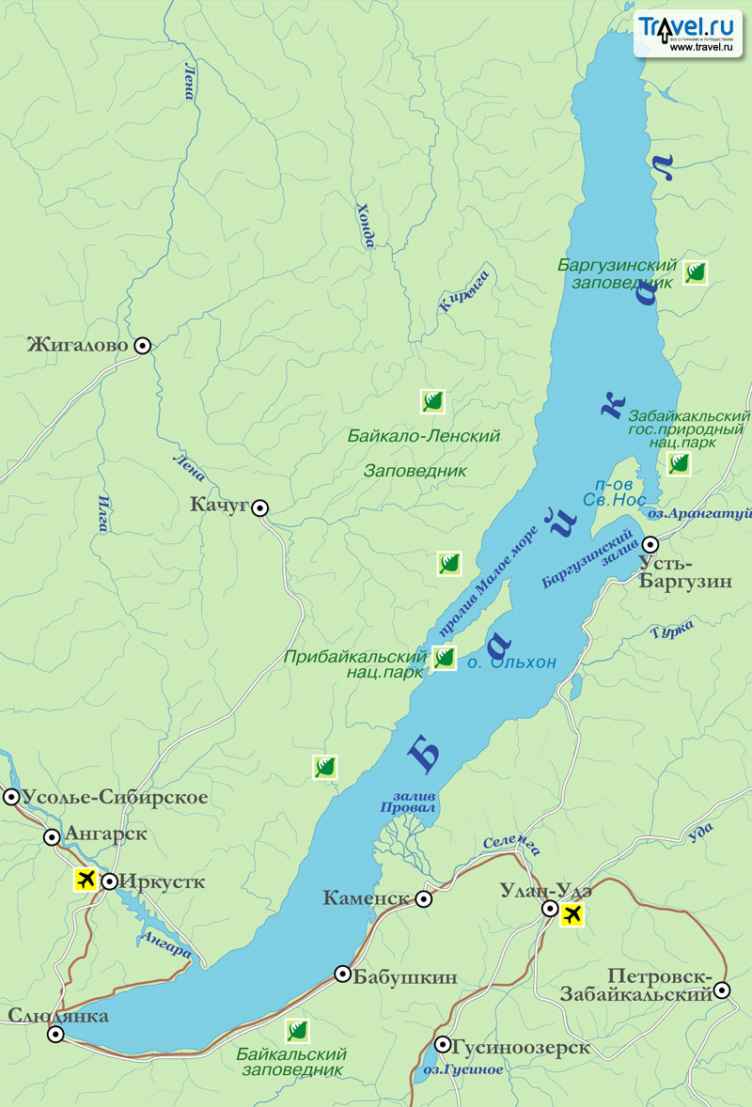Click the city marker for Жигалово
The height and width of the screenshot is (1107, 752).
point(142,346)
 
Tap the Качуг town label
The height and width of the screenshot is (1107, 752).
point(218,506)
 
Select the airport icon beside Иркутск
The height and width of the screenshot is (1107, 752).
point(86,881)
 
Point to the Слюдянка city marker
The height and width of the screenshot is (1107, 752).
point(55,1035)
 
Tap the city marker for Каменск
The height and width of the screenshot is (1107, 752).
point(424,899)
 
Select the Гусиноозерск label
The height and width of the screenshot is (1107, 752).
point(521,1047)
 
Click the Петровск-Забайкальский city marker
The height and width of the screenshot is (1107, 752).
point(721,990)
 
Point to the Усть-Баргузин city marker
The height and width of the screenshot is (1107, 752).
point(650,544)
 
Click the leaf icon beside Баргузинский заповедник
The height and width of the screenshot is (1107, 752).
point(695,273)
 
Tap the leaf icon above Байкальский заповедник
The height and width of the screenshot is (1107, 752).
point(298,1030)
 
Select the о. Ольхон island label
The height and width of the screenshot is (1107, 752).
point(513,663)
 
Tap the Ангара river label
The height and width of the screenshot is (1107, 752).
point(164,946)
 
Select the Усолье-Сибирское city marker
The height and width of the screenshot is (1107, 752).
point(11,798)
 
